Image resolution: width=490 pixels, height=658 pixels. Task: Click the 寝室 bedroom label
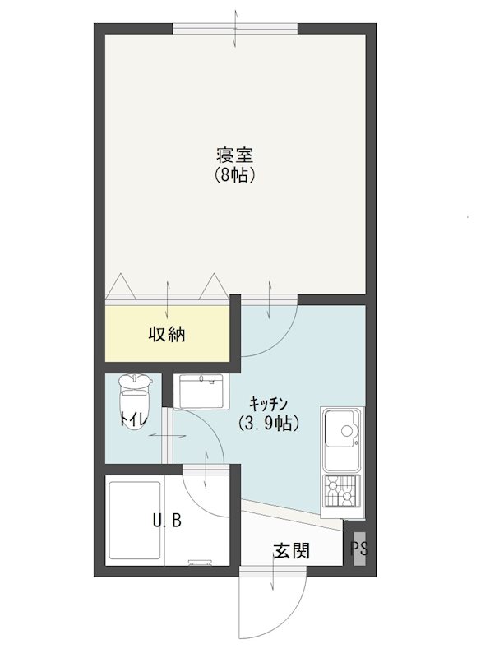[235, 155]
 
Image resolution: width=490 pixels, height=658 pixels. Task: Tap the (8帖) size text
[235, 175]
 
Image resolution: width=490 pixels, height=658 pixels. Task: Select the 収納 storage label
[167, 335]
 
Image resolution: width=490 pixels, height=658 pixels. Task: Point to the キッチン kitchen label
[268, 404]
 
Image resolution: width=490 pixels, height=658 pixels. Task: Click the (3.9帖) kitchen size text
[269, 423]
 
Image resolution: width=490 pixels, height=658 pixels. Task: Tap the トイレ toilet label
[134, 419]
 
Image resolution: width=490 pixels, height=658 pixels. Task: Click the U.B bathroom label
[167, 521]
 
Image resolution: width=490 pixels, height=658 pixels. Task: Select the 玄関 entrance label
[292, 550]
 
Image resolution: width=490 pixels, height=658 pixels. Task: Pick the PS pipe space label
[359, 549]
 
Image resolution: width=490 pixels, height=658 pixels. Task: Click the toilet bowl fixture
[135, 401]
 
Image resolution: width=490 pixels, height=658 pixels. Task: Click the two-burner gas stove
[342, 491]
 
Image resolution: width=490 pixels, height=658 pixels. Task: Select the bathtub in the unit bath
[135, 521]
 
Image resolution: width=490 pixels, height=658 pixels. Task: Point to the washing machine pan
[201, 392]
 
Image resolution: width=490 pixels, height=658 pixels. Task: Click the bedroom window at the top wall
[235, 29]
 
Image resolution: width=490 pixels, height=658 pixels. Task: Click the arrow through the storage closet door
[168, 299]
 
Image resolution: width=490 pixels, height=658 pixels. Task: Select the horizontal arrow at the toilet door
[167, 436]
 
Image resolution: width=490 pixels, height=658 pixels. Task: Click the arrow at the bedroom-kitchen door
[269, 299]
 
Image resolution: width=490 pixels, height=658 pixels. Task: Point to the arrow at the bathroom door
[206, 470]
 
